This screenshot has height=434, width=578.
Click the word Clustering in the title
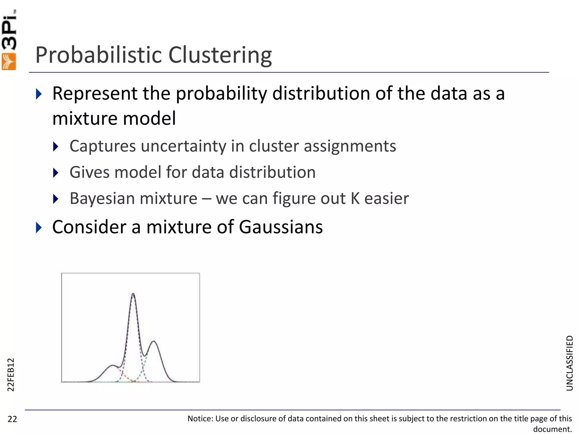pyautogui.click(x=220, y=55)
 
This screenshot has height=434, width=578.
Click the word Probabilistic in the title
pyautogui.click(x=98, y=55)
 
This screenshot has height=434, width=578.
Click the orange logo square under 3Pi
pyautogui.click(x=9, y=62)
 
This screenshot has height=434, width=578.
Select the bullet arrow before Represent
pyautogui.click(x=39, y=94)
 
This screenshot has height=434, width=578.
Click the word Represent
pyautogui.click(x=95, y=94)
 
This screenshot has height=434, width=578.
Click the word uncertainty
pyautogui.click(x=183, y=146)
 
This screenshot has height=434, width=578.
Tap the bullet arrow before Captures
pyautogui.click(x=56, y=146)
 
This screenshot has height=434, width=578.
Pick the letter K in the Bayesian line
pyautogui.click(x=355, y=198)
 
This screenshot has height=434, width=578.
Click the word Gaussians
pyautogui.click(x=281, y=227)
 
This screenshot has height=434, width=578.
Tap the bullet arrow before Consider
pyautogui.click(x=39, y=227)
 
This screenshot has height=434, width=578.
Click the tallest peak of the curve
pyautogui.click(x=133, y=294)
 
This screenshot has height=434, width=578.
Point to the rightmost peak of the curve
pyautogui.click(x=154, y=342)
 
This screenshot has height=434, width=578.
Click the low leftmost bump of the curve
pyautogui.click(x=113, y=366)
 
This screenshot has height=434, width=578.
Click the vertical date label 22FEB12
pyautogui.click(x=10, y=375)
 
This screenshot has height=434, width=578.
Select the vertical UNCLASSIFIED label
pyautogui.click(x=570, y=363)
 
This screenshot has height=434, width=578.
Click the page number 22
pyautogui.click(x=12, y=419)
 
